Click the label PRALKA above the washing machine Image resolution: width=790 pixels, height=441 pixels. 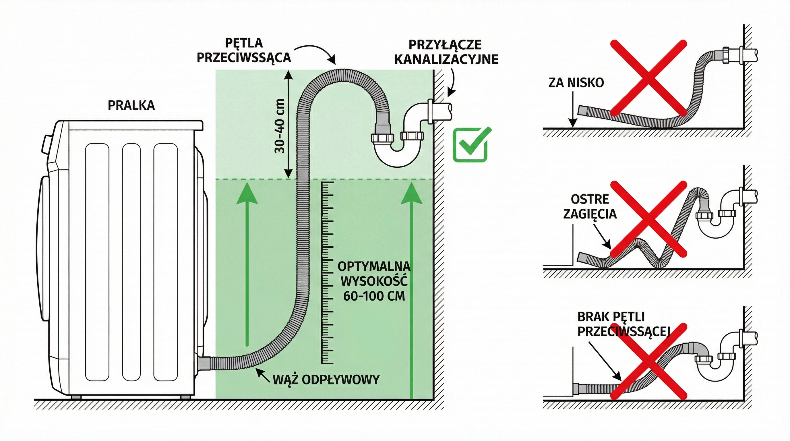[131, 105]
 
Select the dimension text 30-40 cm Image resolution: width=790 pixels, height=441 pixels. [280, 126]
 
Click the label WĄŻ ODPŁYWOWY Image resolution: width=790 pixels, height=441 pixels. [326, 380]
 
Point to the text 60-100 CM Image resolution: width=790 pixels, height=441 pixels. [374, 296]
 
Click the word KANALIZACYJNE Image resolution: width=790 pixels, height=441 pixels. [446, 59]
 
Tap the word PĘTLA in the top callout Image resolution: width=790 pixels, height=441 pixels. [244, 43]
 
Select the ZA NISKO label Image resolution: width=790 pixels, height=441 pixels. [576, 82]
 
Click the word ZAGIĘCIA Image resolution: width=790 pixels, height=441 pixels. [590, 214]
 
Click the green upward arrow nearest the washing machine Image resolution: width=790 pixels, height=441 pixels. [247, 267]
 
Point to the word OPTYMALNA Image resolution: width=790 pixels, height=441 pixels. [374, 266]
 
